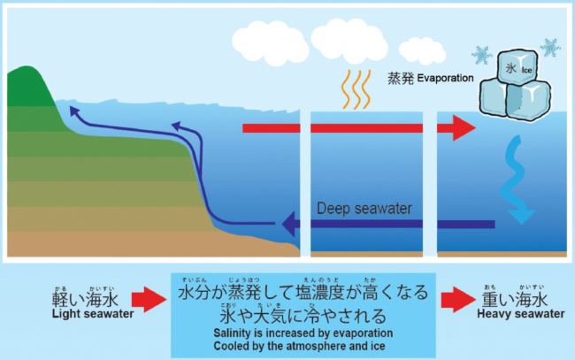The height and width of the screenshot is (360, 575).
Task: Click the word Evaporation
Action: pyautogui.click(x=443, y=79)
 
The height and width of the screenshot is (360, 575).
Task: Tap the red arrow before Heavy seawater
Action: pyautogui.click(x=456, y=301)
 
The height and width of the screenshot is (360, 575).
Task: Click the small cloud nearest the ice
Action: pyautogui.click(x=422, y=50)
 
